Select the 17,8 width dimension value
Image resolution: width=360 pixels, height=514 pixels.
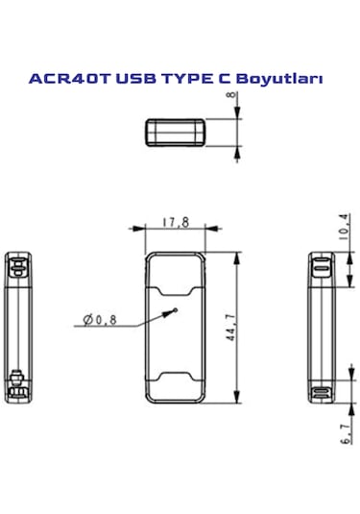pyautogui.click(x=175, y=222)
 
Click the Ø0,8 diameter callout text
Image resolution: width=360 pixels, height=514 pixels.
pyautogui.click(x=100, y=320)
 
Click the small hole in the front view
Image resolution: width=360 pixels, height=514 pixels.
pyautogui.click(x=176, y=310)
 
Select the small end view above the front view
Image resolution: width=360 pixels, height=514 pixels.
pyautogui.click(x=175, y=131)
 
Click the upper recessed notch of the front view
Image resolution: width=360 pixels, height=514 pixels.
pyautogui.click(x=176, y=284)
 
